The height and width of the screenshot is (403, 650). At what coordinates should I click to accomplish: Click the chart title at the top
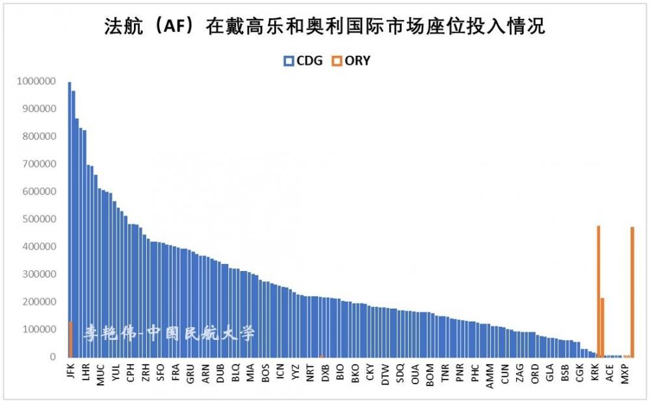tap(324, 27)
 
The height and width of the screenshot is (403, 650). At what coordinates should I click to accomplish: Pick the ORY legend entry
tap(351, 60)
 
